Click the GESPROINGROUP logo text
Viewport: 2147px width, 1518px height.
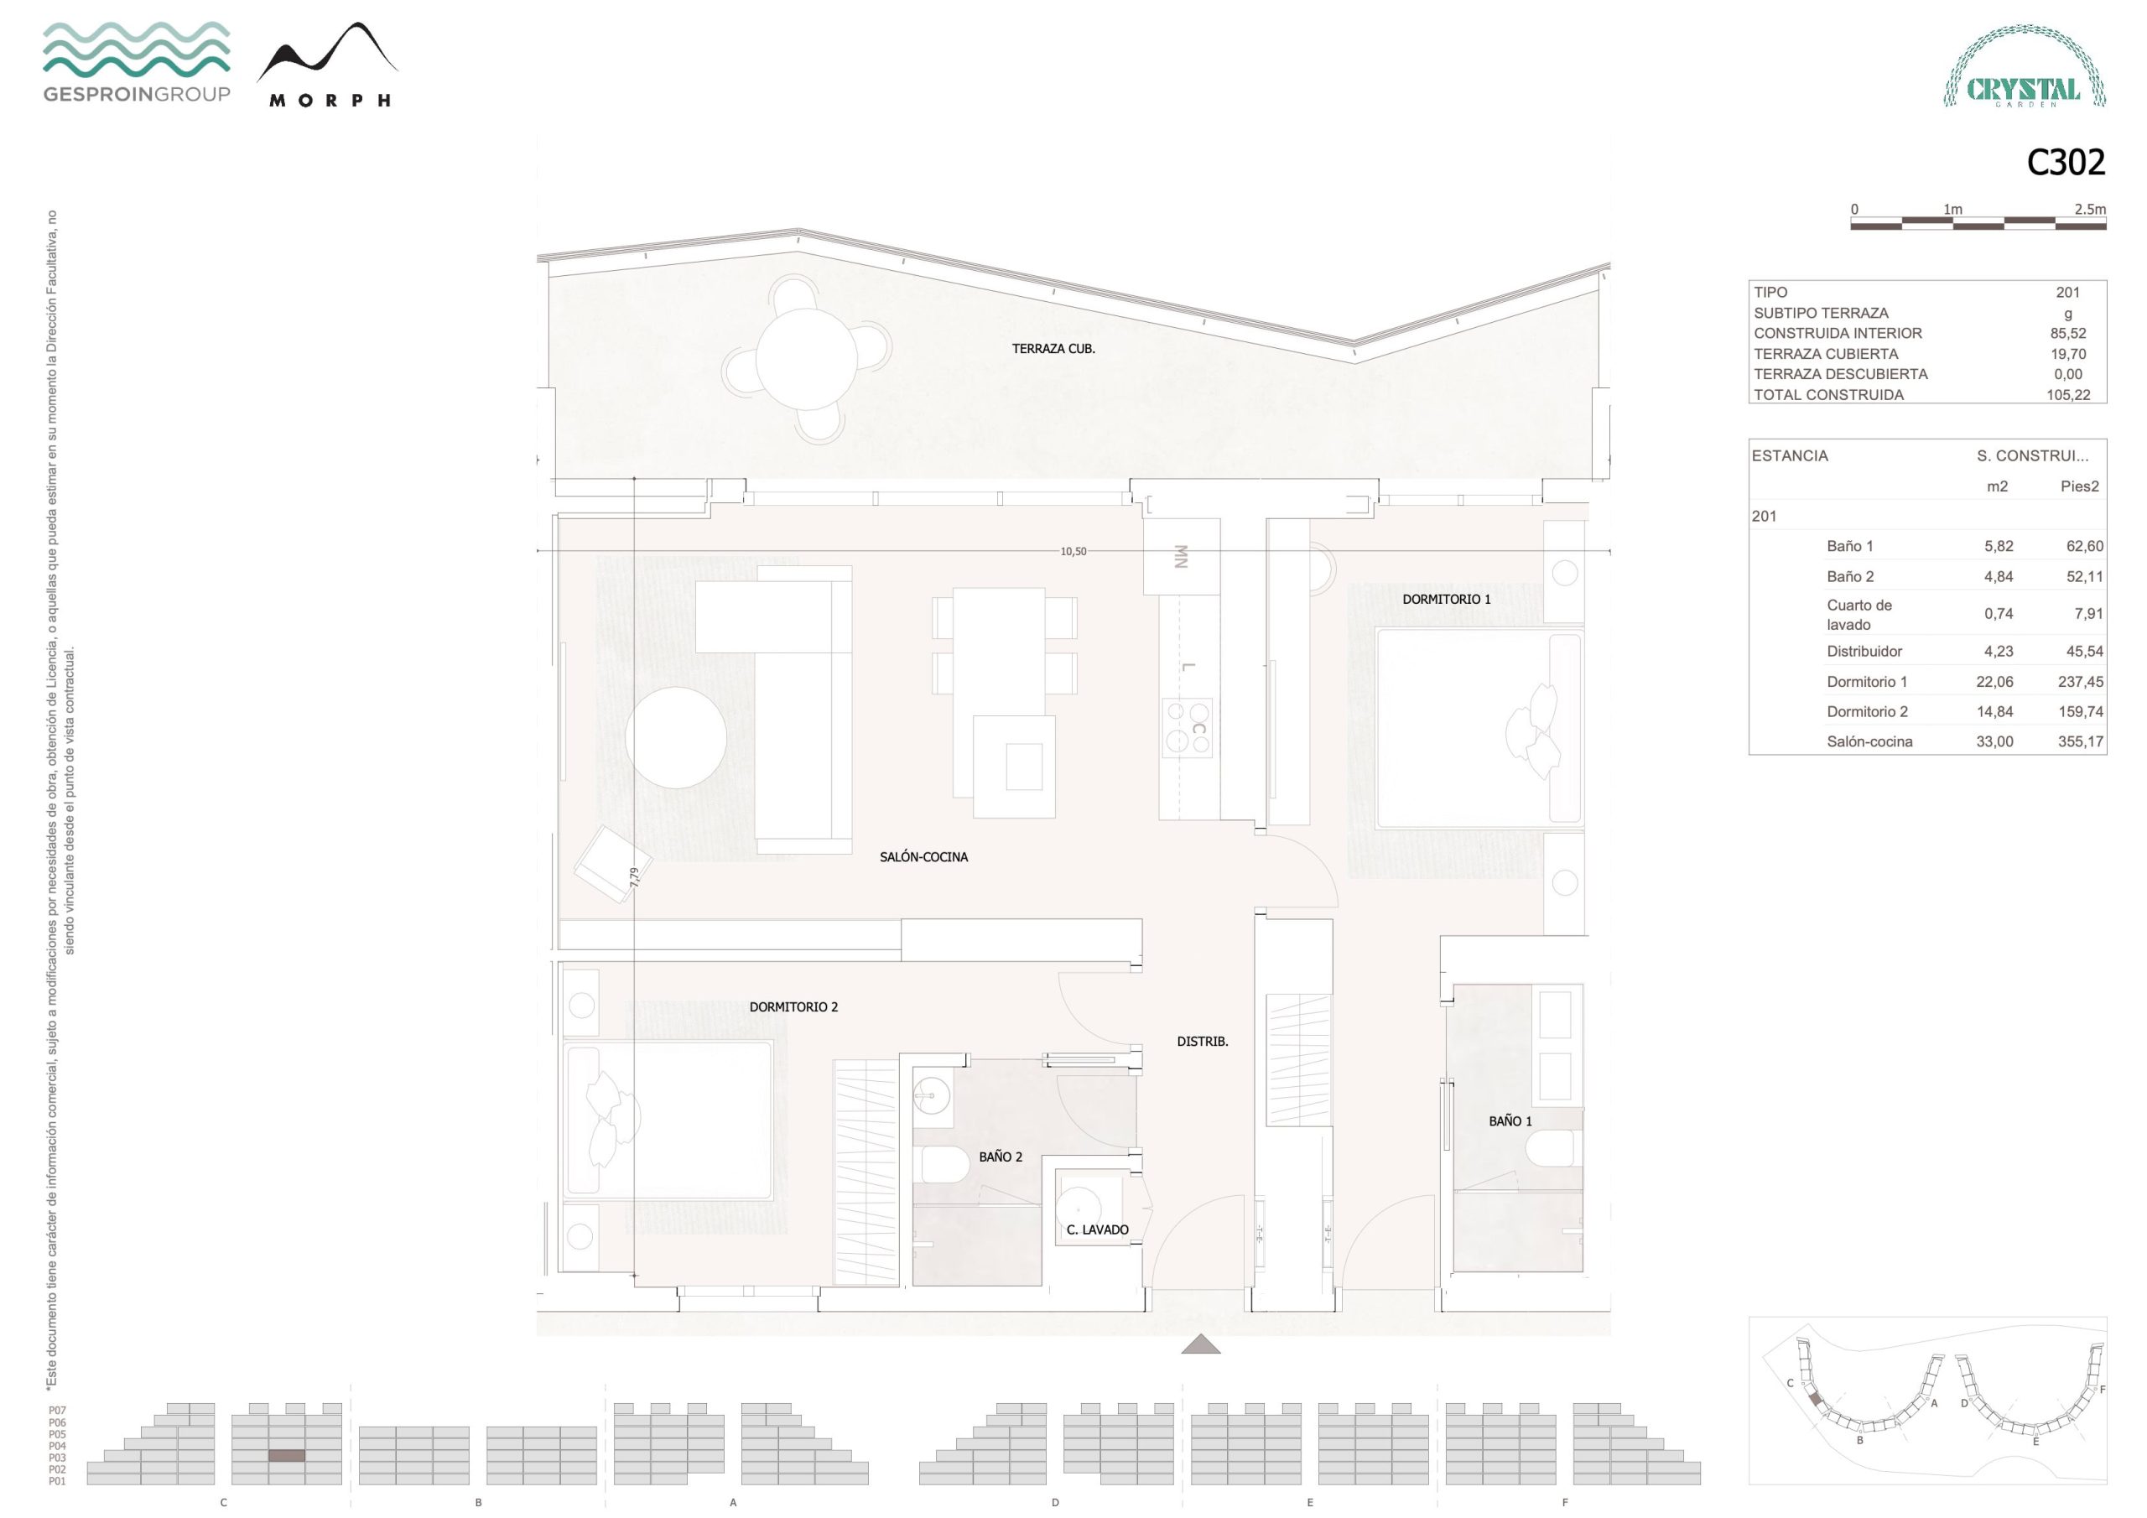pyautogui.click(x=137, y=94)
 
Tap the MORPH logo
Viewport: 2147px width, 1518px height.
pyautogui.click(x=327, y=65)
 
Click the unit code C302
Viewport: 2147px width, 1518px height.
pyautogui.click(x=2066, y=163)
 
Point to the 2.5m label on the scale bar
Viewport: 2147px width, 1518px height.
pyautogui.click(x=2090, y=210)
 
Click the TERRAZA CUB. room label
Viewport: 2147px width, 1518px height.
pyautogui.click(x=1053, y=349)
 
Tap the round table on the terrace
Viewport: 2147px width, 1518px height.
pyautogui.click(x=806, y=358)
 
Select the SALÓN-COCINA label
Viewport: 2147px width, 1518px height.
pyautogui.click(x=924, y=857)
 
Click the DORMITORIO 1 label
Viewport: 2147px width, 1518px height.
pyautogui.click(x=1447, y=599)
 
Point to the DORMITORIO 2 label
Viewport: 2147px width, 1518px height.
pyautogui.click(x=794, y=1006)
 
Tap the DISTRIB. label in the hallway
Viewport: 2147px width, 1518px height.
pyautogui.click(x=1203, y=1041)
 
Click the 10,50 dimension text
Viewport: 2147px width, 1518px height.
pyautogui.click(x=1073, y=552)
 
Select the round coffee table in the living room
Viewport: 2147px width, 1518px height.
pyautogui.click(x=676, y=738)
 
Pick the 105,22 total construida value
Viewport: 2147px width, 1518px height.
pyautogui.click(x=2068, y=395)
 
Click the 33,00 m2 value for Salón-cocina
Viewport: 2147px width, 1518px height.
pyautogui.click(x=1994, y=741)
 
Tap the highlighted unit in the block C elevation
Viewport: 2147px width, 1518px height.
pyautogui.click(x=287, y=1456)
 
